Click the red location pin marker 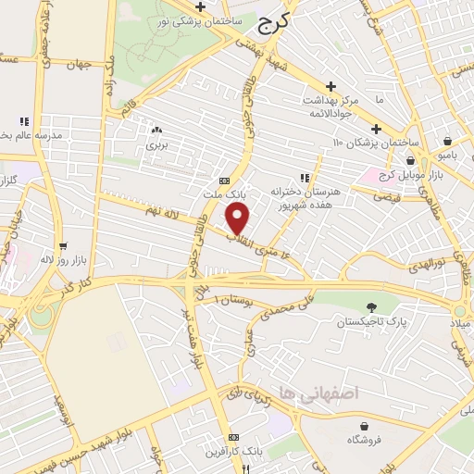239,218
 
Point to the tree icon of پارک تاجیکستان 371,307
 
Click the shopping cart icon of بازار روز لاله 62,246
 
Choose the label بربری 156,145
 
